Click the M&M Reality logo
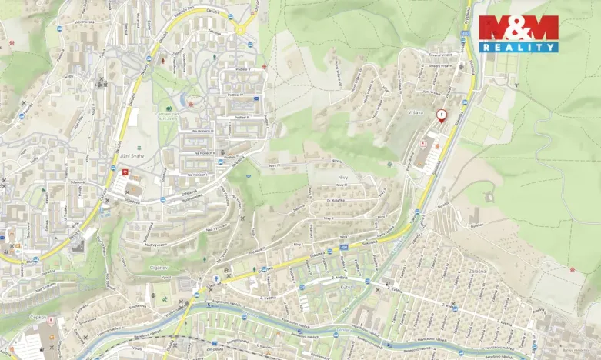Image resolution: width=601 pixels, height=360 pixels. click(518, 33)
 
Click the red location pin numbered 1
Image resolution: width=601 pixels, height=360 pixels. click(441, 116)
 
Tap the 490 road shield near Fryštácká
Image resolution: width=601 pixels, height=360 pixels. click(465, 34)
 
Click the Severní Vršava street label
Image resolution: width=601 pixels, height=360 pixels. click(444, 55)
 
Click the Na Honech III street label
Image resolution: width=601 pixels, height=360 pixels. click(203, 132)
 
